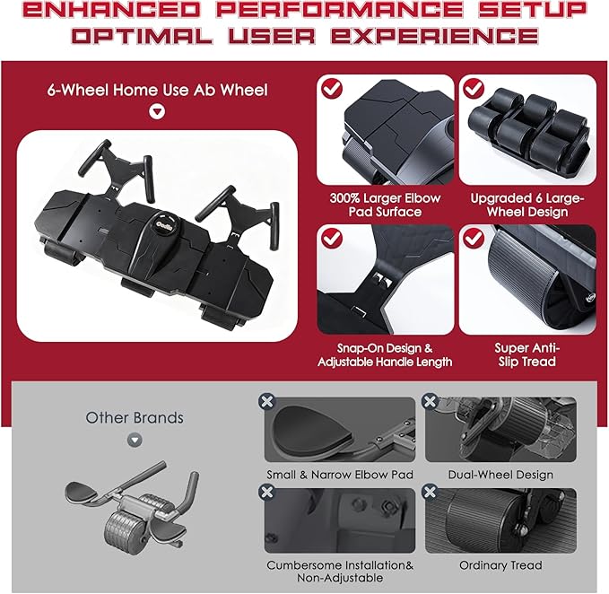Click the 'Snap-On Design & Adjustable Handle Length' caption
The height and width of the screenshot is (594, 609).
point(384,354)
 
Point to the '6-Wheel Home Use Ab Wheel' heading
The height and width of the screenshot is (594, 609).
point(158,90)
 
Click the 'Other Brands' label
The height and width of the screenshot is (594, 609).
point(135,417)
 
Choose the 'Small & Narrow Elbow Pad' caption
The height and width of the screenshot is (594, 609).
point(339,474)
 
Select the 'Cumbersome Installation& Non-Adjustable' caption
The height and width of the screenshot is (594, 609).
point(339,572)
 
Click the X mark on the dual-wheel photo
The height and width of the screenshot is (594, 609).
point(431,402)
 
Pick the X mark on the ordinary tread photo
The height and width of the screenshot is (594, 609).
point(431,493)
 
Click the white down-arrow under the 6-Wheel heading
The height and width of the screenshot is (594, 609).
point(158,113)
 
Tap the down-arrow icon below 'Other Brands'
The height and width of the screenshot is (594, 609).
point(135,441)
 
